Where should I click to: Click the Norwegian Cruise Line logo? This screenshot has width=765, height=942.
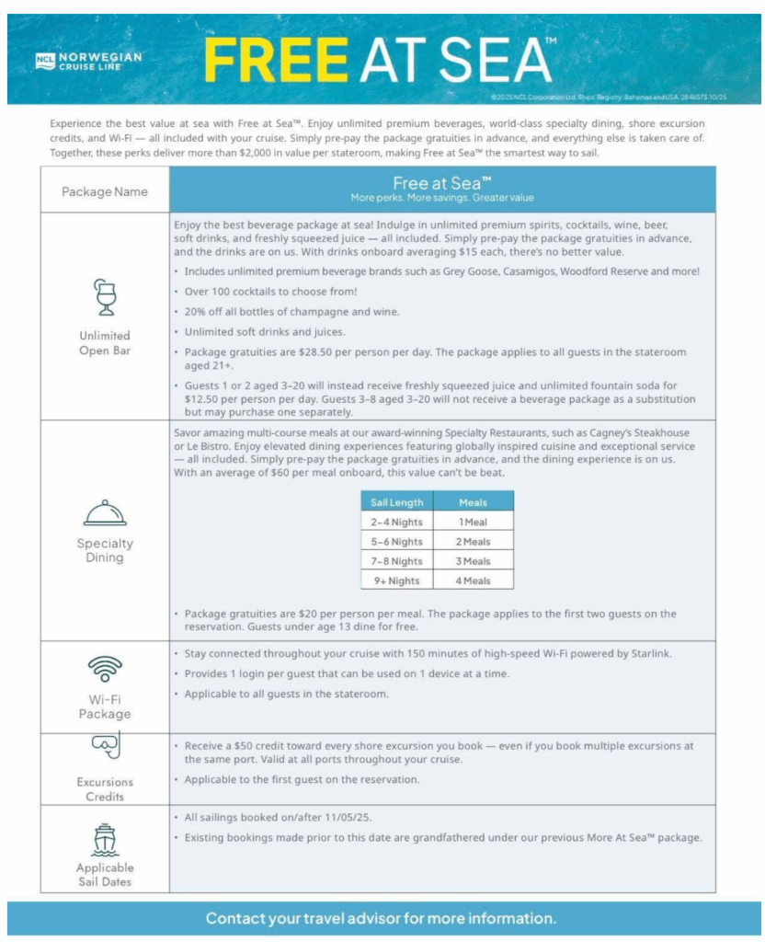coord(88,61)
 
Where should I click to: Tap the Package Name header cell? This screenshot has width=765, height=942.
coord(104,191)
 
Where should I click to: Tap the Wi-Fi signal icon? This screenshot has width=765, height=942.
coord(104,669)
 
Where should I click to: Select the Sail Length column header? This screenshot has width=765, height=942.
coord(397,502)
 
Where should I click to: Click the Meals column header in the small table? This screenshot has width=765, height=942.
coord(473,502)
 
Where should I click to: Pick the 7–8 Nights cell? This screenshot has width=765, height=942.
coord(397,561)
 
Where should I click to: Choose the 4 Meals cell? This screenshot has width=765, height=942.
coord(473,580)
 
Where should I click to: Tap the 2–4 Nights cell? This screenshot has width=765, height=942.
coord(397,522)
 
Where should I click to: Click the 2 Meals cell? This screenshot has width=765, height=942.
coord(473,542)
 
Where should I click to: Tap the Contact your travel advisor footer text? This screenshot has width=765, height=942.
coord(381,918)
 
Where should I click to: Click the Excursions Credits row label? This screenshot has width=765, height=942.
coord(104,789)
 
